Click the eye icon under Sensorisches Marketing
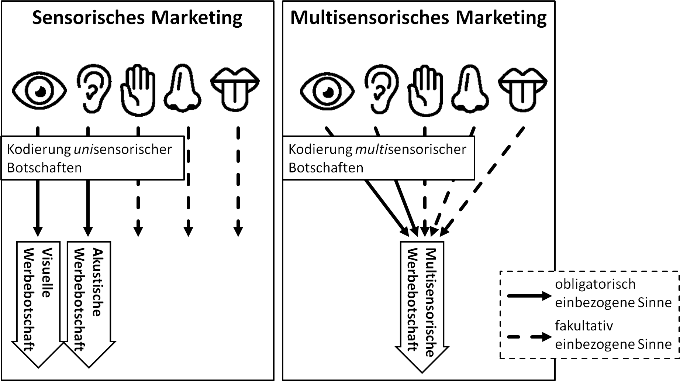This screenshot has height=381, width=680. [39, 90]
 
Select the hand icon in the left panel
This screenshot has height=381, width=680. [138, 90]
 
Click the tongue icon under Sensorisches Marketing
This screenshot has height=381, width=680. [235, 89]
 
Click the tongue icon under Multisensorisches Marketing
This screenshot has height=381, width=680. [523, 89]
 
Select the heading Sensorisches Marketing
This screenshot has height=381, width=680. [137, 18]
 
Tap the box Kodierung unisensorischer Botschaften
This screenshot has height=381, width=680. [92, 158]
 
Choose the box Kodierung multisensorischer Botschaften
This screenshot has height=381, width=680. [378, 158]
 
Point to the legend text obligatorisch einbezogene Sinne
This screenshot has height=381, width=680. [613, 293]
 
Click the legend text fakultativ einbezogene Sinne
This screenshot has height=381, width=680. [613, 335]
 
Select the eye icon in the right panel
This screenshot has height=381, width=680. [327, 90]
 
